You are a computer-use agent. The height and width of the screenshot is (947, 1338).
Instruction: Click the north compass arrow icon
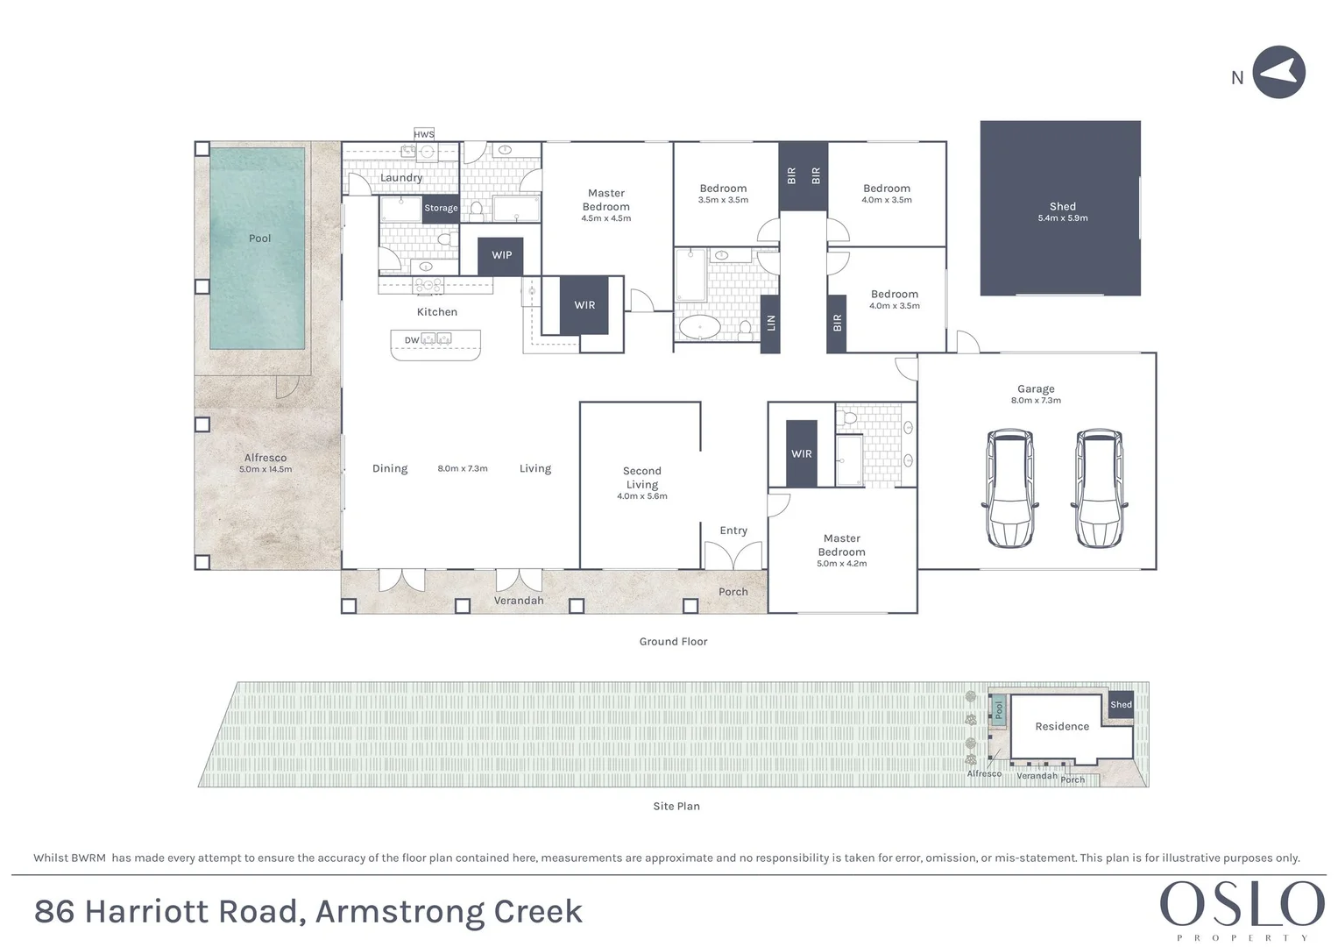pyautogui.click(x=1278, y=73)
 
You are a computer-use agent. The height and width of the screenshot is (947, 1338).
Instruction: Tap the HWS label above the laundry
pyautogui.click(x=424, y=134)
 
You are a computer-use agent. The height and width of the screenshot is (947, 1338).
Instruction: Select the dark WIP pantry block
pyautogui.click(x=500, y=255)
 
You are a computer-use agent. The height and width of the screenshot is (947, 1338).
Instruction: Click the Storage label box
pyautogui.click(x=441, y=208)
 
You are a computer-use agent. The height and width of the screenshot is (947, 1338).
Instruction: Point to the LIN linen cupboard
pyautogui.click(x=770, y=323)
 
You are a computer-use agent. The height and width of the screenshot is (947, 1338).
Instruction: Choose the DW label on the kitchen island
pyautogui.click(x=412, y=340)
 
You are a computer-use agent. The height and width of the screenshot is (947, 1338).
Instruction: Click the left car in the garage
pyautogui.click(x=1010, y=488)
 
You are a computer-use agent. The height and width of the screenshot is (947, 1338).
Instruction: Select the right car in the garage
pyautogui.click(x=1099, y=488)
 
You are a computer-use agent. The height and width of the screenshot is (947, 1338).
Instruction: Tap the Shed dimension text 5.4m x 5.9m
pyautogui.click(x=1062, y=218)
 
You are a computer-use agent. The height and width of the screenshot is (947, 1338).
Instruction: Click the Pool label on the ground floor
pyautogui.click(x=259, y=239)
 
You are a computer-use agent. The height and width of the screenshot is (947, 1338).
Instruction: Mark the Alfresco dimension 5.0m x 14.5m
pyautogui.click(x=265, y=470)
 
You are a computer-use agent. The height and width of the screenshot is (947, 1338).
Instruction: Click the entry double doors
pyautogui.click(x=733, y=556)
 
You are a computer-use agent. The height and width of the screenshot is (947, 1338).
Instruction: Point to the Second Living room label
pyautogui.click(x=641, y=478)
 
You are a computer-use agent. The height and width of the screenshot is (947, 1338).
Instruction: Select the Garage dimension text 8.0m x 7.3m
pyautogui.click(x=1036, y=401)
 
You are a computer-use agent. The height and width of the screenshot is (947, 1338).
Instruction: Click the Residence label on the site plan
pyautogui.click(x=1062, y=726)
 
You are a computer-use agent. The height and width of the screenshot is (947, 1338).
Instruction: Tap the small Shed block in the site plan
pyautogui.click(x=1121, y=704)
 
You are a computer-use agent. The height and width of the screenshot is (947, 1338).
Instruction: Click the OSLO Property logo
pyautogui.click(x=1242, y=908)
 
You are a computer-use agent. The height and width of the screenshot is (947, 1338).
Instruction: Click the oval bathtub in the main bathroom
pyautogui.click(x=699, y=328)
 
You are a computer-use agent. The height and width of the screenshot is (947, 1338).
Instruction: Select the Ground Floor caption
pyautogui.click(x=673, y=642)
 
